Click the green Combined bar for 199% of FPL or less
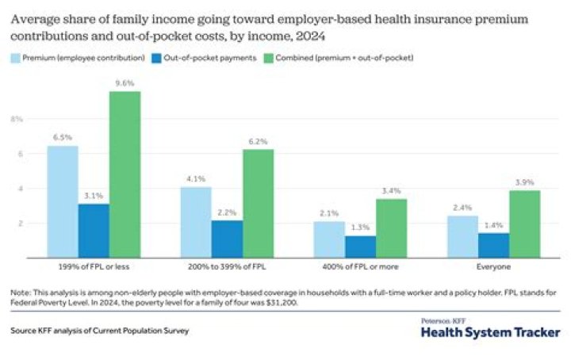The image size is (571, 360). pos(125,174)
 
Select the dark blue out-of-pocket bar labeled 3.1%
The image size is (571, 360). pos(94,231)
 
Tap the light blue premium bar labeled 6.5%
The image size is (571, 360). pos(63,201)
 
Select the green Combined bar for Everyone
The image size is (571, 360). pos(525,224)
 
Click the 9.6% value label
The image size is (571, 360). pos(125,82)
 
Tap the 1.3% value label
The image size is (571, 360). pos(360,228)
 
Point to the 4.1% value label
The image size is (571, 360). pos(195,178)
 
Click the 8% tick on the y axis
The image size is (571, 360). pos(17,119)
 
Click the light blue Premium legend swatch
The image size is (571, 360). pos(16,57)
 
